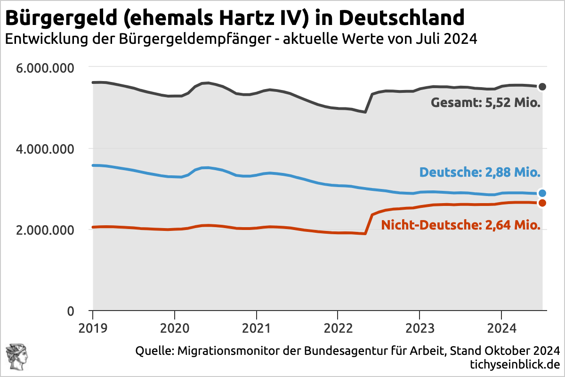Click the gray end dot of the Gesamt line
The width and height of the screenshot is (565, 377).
(x=542, y=87)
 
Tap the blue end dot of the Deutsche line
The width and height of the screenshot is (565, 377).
(x=542, y=193)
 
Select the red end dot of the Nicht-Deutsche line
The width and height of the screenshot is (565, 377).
(x=542, y=203)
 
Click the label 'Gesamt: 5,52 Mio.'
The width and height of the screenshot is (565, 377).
(x=485, y=103)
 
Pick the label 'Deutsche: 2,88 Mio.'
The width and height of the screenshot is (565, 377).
(x=480, y=172)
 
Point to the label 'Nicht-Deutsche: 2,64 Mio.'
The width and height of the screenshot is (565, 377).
(x=460, y=225)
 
